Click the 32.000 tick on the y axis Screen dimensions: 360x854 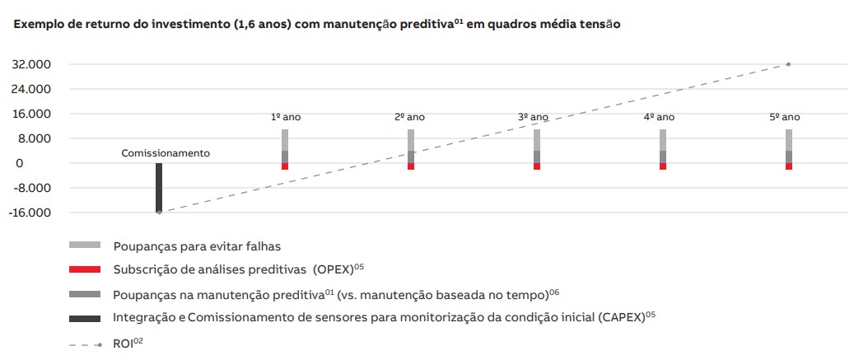(x=30, y=64)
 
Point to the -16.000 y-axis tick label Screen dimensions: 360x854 (x=29, y=213)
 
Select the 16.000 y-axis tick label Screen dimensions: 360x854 (x=30, y=114)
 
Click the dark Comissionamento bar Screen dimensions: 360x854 (x=159, y=187)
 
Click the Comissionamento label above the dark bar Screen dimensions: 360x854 (x=166, y=153)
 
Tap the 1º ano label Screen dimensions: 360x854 (x=286, y=117)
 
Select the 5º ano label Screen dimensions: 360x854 (x=785, y=117)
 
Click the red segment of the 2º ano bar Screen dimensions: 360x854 (x=411, y=166)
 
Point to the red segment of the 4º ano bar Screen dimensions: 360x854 (x=662, y=166)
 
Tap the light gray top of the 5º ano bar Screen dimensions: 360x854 (x=788, y=139)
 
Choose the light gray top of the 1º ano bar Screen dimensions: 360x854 (x=285, y=139)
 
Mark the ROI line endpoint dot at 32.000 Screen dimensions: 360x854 (x=788, y=64)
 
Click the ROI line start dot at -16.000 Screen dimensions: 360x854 (x=159, y=213)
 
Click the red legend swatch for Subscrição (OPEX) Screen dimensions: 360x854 (x=85, y=269)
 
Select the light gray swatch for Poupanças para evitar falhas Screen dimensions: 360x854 (x=85, y=245)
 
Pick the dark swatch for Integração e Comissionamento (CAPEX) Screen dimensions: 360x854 (x=85, y=318)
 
